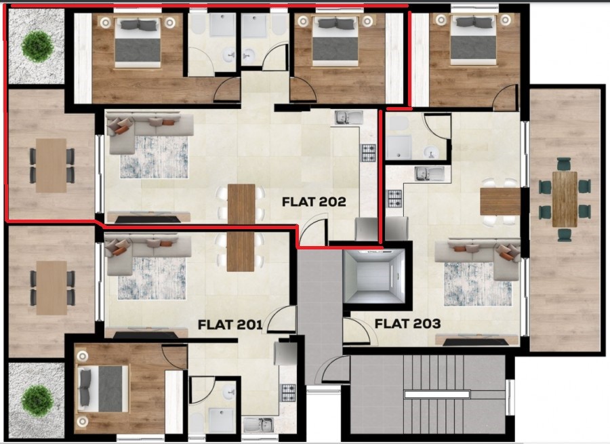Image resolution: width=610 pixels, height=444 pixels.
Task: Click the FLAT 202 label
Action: pos(314,202)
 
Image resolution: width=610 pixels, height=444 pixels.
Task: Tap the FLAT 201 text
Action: pos(230,325)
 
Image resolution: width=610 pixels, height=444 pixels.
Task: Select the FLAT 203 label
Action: pos(407,323)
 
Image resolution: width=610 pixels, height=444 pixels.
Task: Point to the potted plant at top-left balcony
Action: pos(37,45)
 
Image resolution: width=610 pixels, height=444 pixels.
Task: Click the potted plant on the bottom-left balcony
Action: pos(37,400)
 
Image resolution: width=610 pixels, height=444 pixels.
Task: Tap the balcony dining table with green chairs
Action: pos(564,199)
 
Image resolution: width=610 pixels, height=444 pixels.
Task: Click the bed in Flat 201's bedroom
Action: pos(102,388)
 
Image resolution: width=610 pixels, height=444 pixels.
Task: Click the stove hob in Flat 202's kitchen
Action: pos(368,153)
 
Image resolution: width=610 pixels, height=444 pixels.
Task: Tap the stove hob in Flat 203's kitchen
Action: pos(394,199)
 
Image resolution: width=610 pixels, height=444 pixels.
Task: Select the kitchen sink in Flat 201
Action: pos(258,425)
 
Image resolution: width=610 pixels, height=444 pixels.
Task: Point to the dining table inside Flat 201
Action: pos(241,251)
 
